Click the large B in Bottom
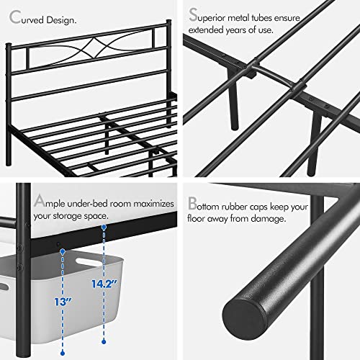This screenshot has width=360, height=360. pos(192,204)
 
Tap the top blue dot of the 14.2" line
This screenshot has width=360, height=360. pos(104,228)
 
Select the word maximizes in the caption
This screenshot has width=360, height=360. pos(145,204)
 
